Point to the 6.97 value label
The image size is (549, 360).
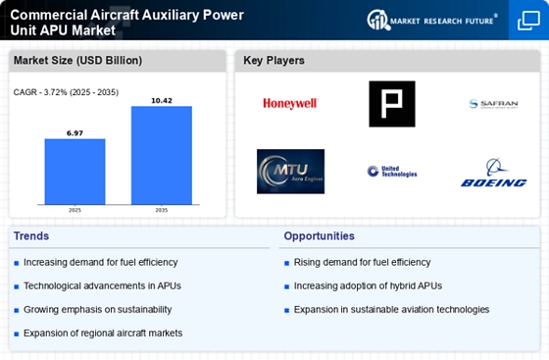click(x=75, y=131)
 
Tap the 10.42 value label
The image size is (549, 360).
click(x=161, y=100)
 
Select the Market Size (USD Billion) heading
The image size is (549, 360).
click(x=77, y=61)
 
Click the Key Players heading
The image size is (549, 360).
click(x=274, y=61)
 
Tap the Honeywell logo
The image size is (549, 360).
click(x=290, y=103)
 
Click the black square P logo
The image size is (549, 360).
click(x=391, y=103)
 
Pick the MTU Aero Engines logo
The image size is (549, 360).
click(x=290, y=171)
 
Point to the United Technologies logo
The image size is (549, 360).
click(x=392, y=172)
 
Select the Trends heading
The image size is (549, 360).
click(x=30, y=236)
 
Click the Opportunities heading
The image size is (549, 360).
click(x=320, y=236)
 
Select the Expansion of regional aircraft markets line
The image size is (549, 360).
click(x=103, y=333)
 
